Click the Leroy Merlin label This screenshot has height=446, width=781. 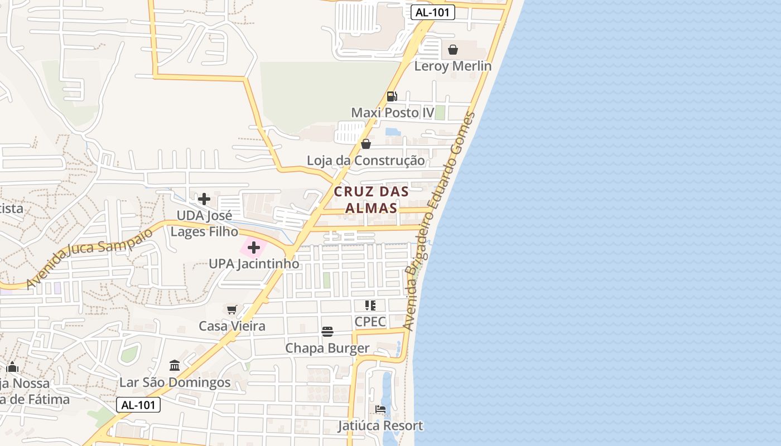pos(452,66)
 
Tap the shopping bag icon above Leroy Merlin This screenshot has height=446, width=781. pos(453,50)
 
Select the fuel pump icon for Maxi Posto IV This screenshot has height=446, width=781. pos(392,96)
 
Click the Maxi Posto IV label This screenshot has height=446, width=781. pos(392,113)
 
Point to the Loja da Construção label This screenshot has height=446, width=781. pos(365,161)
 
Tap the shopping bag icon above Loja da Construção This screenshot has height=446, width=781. pos(366,144)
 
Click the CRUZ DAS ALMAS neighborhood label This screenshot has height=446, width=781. pos(371,200)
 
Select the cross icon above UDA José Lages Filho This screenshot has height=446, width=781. pos(204,198)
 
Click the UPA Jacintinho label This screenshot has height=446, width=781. pos(254,264)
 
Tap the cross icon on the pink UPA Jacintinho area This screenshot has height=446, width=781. pos(254,247)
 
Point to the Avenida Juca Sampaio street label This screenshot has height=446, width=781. pos(89,258)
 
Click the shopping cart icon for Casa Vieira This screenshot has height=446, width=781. pos(232,309)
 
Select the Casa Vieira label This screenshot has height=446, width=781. pos(232,326)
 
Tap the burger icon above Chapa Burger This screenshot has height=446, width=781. pos(327,332)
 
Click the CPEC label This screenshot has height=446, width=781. pos(370,322)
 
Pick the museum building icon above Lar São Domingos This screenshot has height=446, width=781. pos(175,366)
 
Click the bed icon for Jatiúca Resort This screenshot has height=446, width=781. pos(380,410)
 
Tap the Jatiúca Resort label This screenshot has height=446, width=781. pos(380,426)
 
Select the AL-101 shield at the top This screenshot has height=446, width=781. pos(433,12)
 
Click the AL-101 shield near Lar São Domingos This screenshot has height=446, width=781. pos(138,405)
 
